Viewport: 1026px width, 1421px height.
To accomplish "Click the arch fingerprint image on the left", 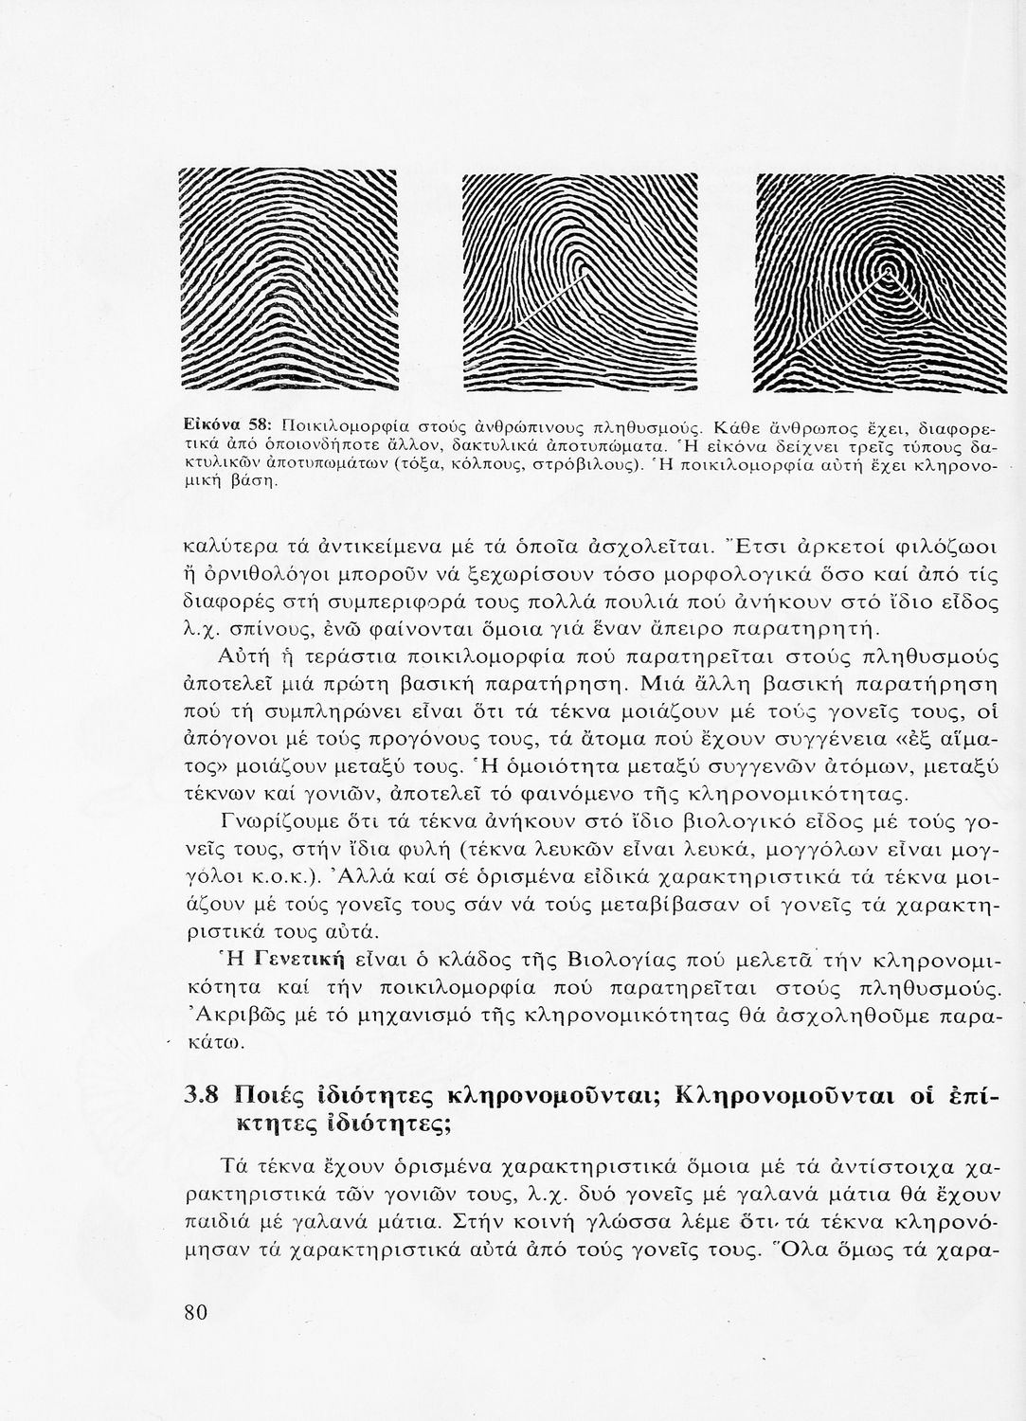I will point(287,281).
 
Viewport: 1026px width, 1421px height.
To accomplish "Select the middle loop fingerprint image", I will point(578,283).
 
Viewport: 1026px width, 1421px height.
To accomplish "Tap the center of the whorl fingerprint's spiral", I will point(888,274).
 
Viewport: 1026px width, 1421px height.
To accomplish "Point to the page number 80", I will point(196,1311).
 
